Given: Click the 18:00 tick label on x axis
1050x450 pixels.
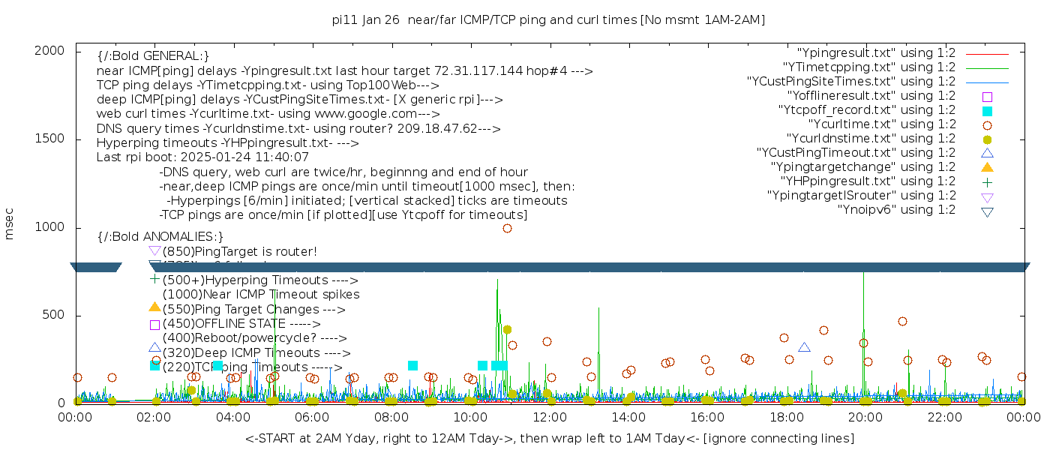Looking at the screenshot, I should click(785, 418).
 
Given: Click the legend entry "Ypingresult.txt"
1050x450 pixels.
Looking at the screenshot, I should click(876, 53).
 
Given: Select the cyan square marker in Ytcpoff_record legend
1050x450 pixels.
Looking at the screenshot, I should click(987, 110).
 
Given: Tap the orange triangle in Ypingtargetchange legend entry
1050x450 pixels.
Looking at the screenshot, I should click(987, 166).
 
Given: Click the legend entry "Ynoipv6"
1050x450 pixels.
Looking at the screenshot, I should click(896, 210).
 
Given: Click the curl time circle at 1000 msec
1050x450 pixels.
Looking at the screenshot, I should click(507, 228).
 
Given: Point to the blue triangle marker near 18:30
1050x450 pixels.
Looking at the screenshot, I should click(804, 347).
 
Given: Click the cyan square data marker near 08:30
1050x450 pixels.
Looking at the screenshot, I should click(412, 365).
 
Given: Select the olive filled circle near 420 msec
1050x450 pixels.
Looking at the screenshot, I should click(507, 329).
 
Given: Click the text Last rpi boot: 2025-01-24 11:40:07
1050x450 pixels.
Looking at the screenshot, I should click(202, 157).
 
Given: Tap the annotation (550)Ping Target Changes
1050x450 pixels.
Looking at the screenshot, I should click(253, 310).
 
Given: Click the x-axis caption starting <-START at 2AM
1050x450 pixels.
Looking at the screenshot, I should click(549, 438).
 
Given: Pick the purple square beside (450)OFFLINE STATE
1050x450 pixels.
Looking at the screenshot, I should click(154, 325).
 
